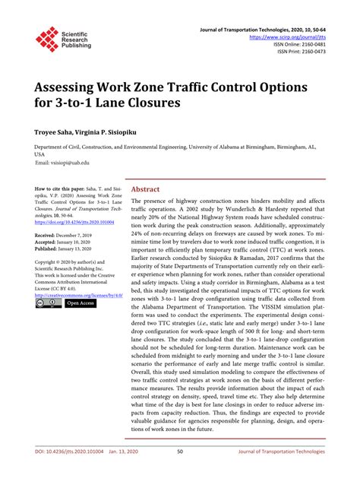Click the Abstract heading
145,189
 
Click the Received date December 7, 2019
82,236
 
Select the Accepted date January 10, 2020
81,243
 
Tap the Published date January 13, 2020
82,249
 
